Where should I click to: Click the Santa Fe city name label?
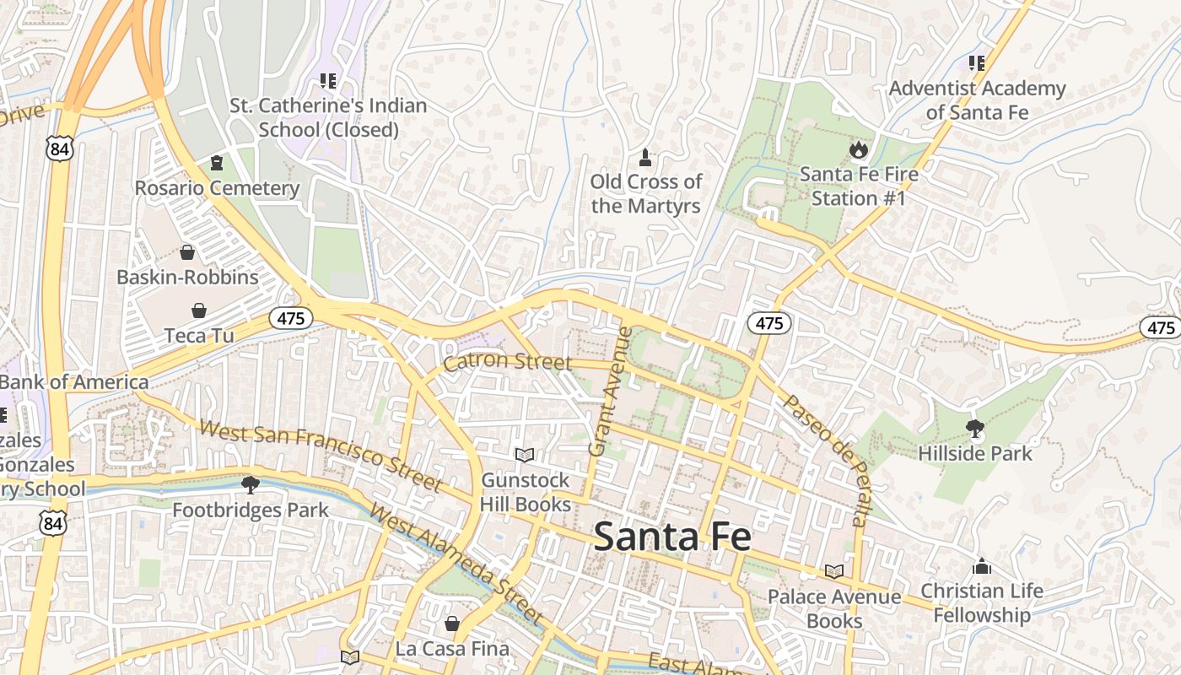tap(671, 537)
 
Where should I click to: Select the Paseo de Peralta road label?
tap(825, 460)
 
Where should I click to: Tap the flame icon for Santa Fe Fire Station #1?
tap(858, 150)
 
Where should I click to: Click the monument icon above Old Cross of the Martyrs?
tap(645, 158)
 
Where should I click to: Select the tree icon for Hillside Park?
tap(975, 429)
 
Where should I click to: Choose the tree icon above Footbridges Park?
tap(250, 485)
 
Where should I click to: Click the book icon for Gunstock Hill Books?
tap(525, 456)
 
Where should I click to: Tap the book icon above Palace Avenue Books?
tap(833, 572)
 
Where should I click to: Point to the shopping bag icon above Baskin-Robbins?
tap(187, 252)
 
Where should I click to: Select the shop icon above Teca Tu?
tap(198, 310)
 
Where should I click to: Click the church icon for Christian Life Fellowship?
tap(981, 565)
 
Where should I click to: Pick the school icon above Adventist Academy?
tap(977, 63)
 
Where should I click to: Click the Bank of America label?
tap(74, 382)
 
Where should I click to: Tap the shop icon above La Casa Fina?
tap(452, 624)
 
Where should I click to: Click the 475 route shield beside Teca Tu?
tap(291, 318)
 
